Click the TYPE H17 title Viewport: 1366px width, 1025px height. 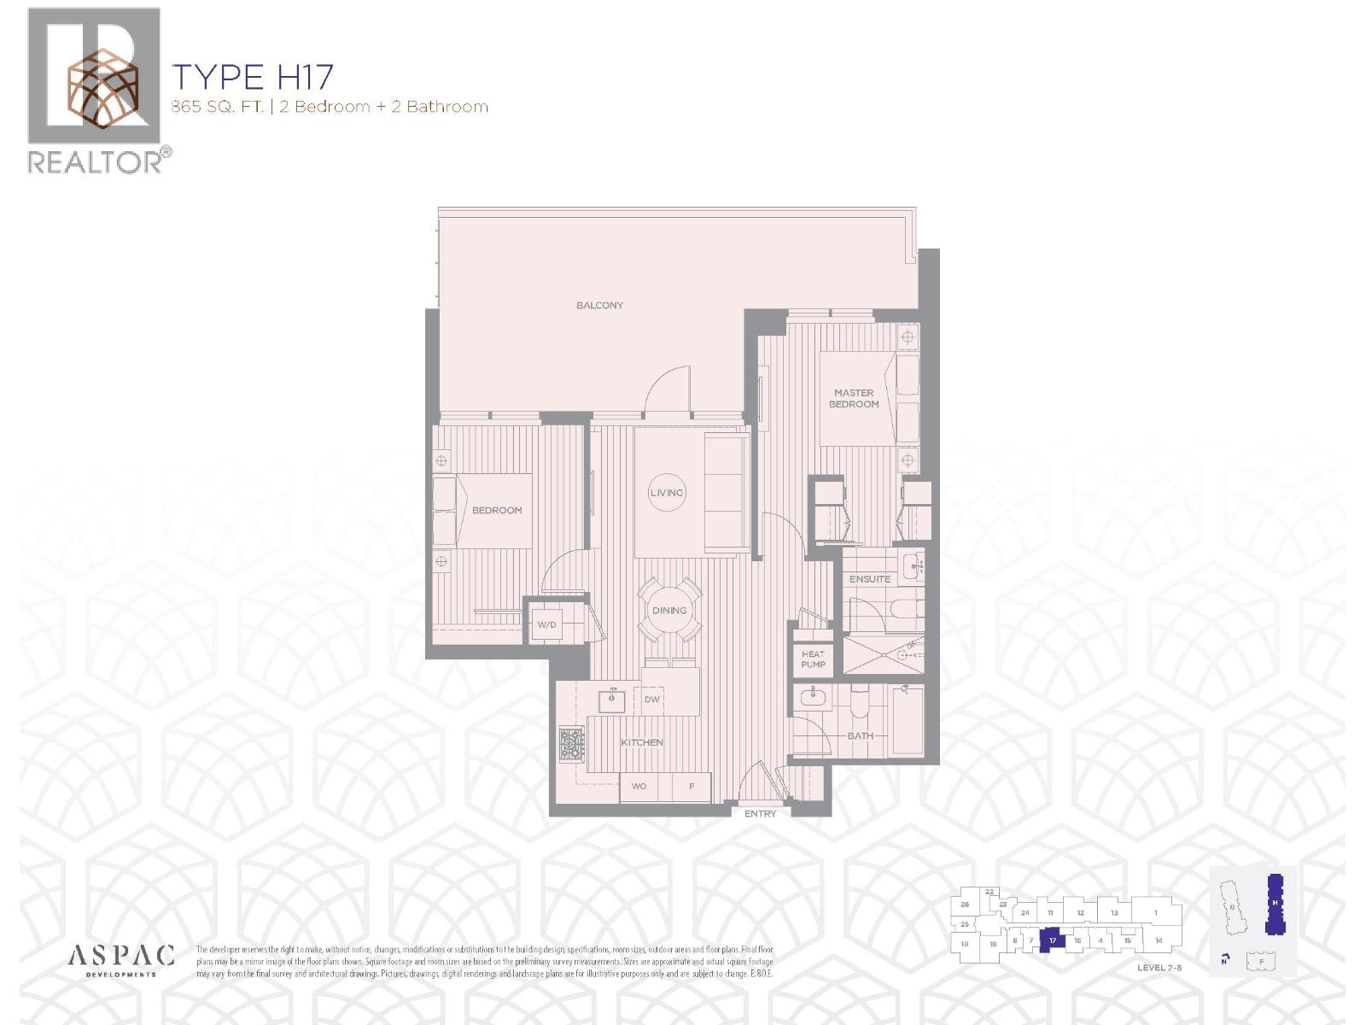point(253,77)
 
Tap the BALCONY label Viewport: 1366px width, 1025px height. point(599,305)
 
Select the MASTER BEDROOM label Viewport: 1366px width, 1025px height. point(854,399)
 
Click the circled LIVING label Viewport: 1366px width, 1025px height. point(667,493)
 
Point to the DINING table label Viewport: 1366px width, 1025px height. point(669,610)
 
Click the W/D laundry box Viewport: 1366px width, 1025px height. point(547,624)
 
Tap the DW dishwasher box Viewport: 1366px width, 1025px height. point(652,700)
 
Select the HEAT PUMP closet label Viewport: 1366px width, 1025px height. point(813,659)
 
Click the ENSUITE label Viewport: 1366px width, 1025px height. point(869,579)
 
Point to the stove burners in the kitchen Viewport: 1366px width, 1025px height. point(571,742)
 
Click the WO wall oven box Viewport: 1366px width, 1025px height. point(639,787)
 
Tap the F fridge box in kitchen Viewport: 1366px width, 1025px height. point(692,787)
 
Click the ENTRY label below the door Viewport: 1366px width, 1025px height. point(760,814)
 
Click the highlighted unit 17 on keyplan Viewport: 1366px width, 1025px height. point(1054,940)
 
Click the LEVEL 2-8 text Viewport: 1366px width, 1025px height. point(1159,968)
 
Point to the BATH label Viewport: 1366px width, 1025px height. point(861,735)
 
